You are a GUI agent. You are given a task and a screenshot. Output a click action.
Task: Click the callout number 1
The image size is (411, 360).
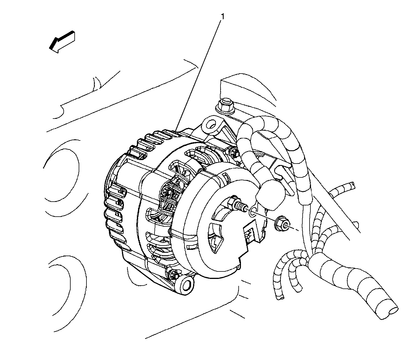point(223,16)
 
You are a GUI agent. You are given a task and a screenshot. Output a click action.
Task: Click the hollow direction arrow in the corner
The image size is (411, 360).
point(62,42)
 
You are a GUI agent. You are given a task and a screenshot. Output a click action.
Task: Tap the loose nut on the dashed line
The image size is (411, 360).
point(282,224)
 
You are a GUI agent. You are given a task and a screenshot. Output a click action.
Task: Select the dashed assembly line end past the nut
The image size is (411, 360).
point(298,230)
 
